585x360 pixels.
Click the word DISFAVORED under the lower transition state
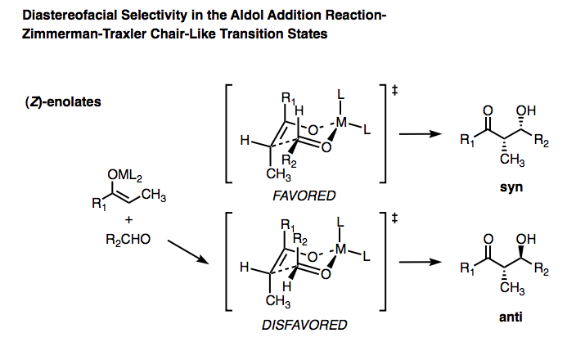click(x=304, y=325)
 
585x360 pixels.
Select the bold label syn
click(x=511, y=188)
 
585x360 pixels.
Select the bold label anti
click(x=511, y=317)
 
